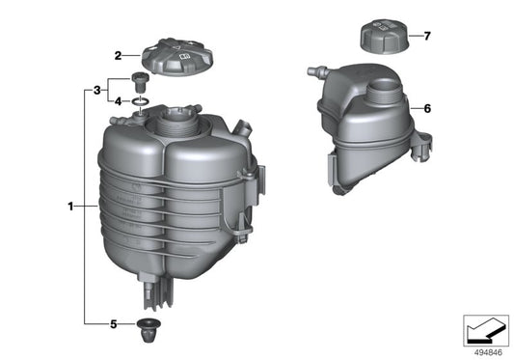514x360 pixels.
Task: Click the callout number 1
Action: (71, 206)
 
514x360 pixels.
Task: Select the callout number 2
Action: (117, 56)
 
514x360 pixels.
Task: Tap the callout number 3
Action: (96, 90)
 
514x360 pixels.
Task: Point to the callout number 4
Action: (118, 100)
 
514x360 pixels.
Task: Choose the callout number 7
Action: (427, 36)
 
